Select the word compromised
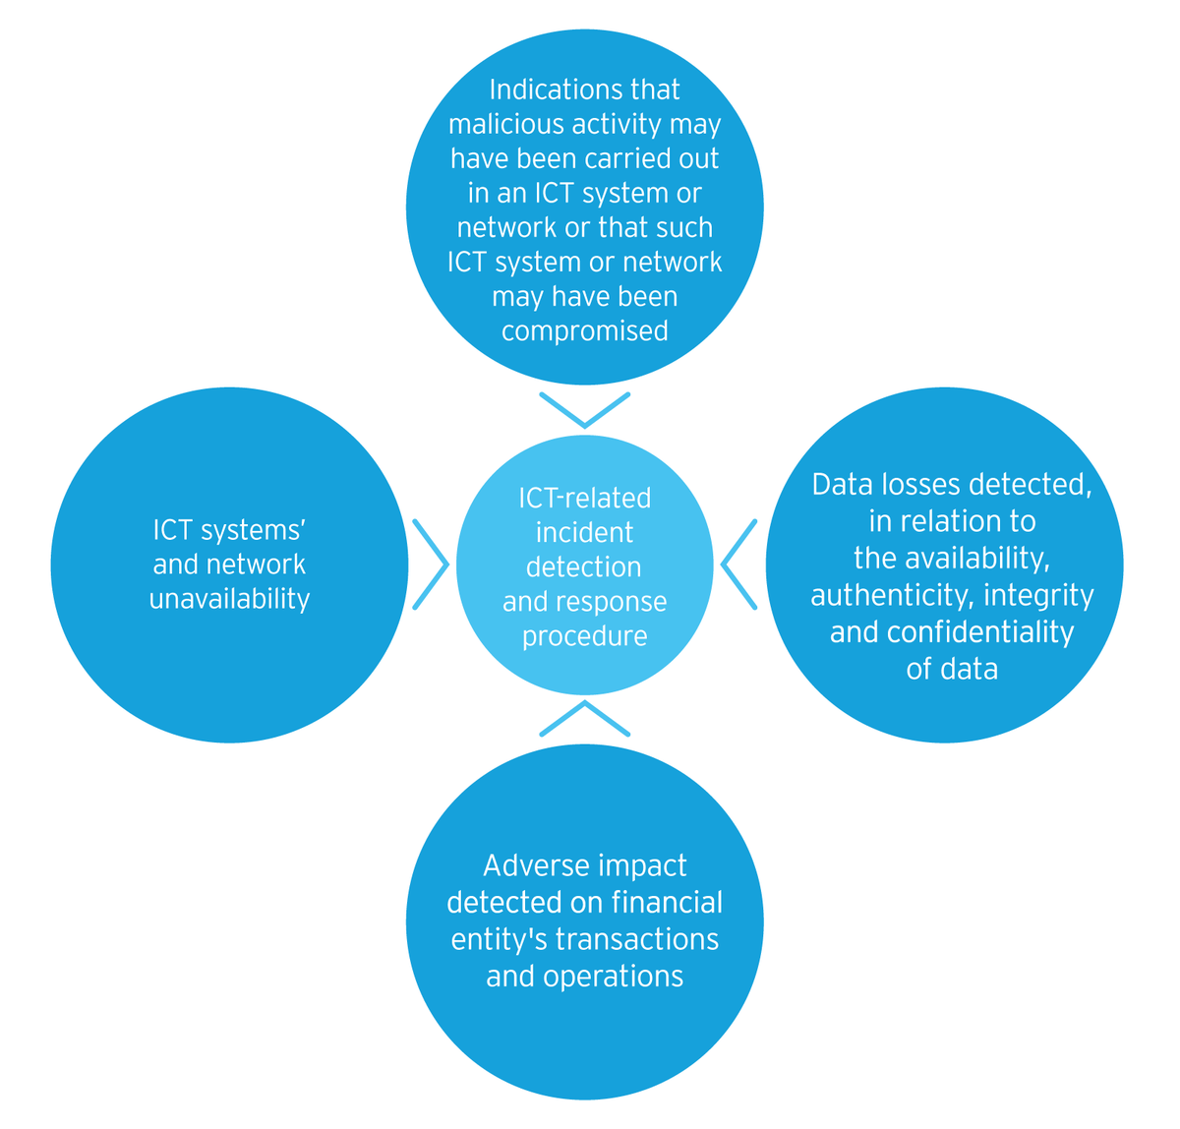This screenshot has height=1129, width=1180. tap(584, 330)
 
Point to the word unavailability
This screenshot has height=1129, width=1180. tap(229, 599)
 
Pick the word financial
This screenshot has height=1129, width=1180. tap(667, 902)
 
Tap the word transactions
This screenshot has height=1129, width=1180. tap(637, 938)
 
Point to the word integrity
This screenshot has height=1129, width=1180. tap(1038, 595)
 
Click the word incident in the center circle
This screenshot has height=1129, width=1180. tap(584, 533)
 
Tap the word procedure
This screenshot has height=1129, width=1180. tap(584, 636)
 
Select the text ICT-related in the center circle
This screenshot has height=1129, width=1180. tap(584, 499)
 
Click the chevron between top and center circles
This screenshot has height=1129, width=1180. tap(584, 410)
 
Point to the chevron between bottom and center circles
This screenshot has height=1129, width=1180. tap(584, 718)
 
